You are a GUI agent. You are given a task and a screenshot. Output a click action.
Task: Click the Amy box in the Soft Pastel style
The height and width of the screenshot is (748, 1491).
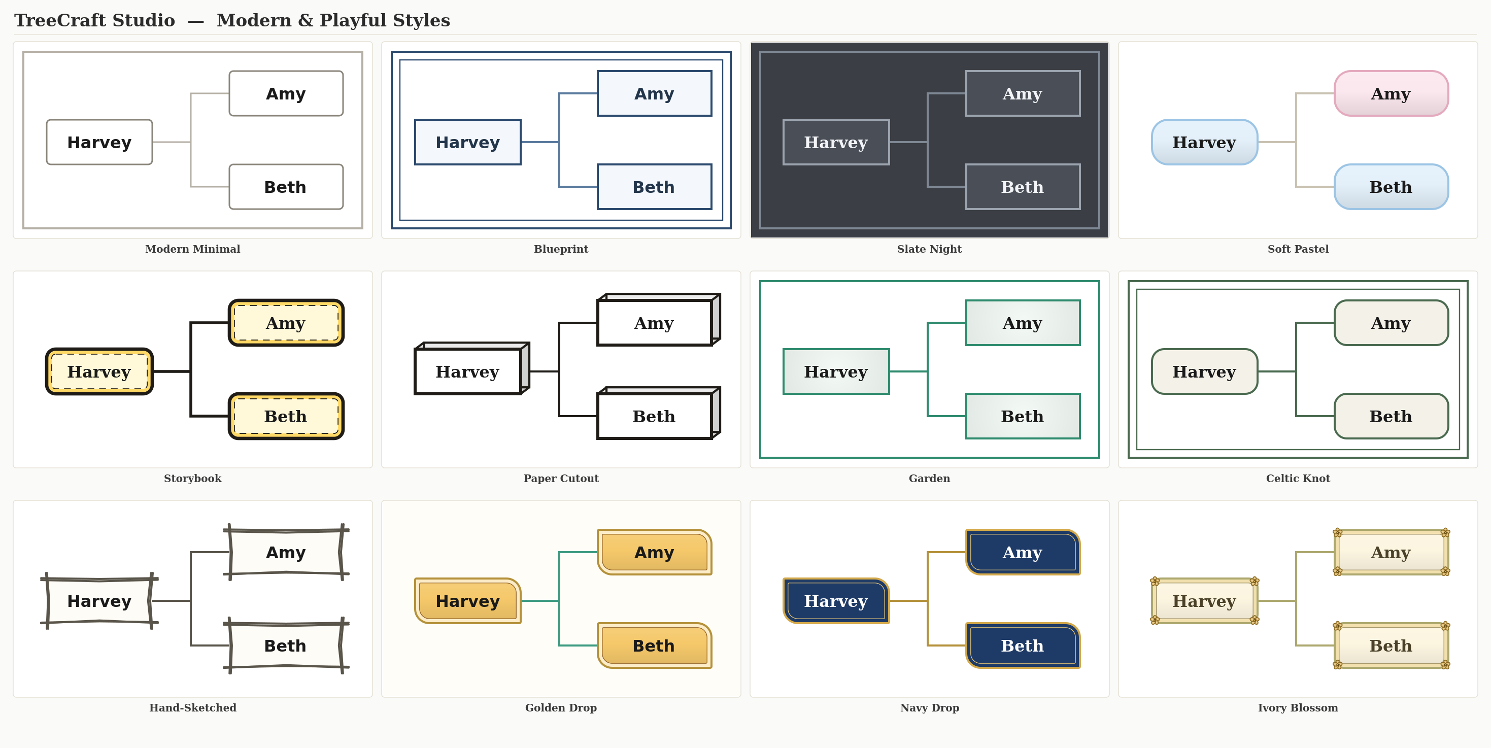1391,93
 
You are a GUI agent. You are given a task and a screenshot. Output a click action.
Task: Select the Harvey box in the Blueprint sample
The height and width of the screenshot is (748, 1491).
468,142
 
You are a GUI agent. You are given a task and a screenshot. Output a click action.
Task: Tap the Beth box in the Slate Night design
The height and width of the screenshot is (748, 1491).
1023,186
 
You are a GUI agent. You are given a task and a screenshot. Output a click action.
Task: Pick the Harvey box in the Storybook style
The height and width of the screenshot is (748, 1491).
99,371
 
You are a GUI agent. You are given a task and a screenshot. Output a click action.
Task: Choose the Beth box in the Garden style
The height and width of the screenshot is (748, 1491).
1023,416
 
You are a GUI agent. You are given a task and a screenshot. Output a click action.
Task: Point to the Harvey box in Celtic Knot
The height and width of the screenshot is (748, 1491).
1204,371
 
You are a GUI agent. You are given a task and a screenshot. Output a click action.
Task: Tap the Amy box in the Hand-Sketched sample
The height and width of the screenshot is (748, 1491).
286,552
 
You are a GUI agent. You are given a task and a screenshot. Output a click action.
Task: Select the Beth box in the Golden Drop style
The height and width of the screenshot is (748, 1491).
654,645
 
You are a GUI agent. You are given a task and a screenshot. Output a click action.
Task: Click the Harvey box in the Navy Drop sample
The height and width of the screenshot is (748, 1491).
836,600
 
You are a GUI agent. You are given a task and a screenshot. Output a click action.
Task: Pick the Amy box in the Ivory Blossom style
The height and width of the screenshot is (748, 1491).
1391,552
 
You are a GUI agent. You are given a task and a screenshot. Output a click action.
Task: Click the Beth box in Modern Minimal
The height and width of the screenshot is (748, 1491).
286,186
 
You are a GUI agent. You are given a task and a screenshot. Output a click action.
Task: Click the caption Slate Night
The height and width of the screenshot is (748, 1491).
929,249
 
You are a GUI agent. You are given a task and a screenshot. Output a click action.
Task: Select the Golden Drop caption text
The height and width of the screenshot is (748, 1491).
561,707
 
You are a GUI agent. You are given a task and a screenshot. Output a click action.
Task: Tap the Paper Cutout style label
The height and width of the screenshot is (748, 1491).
561,478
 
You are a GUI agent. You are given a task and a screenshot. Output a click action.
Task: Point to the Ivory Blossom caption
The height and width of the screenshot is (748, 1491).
1298,707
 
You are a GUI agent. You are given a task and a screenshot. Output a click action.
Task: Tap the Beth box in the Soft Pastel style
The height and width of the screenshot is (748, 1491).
1391,186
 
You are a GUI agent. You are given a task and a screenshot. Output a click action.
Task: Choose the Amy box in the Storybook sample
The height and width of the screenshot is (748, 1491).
286,322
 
